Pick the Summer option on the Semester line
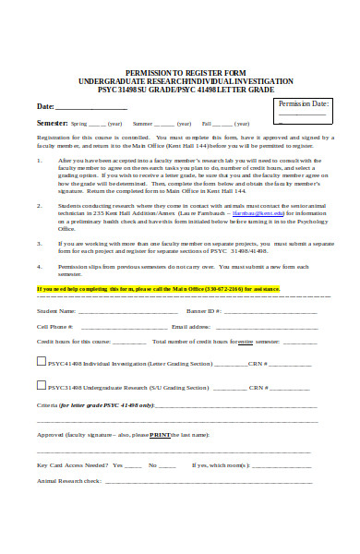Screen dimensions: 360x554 (x=143, y=123)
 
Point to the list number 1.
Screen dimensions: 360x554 (x=39, y=160)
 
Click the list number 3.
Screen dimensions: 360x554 (x=39, y=243)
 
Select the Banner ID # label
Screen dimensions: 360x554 (x=201, y=311)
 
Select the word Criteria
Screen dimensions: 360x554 (x=47, y=405)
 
